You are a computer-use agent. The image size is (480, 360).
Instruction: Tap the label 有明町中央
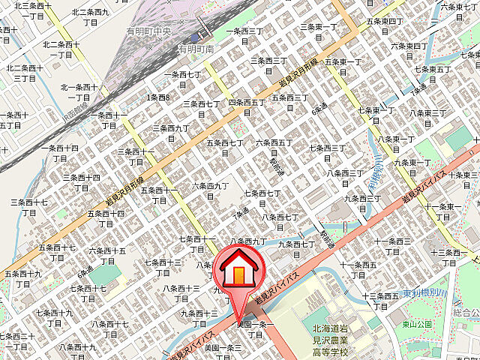149,31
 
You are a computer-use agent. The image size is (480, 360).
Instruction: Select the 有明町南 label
196,49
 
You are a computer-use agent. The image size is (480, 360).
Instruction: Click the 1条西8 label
159,97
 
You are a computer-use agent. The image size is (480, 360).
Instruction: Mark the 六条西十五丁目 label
108,256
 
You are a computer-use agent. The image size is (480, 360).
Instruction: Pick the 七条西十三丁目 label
163,268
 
